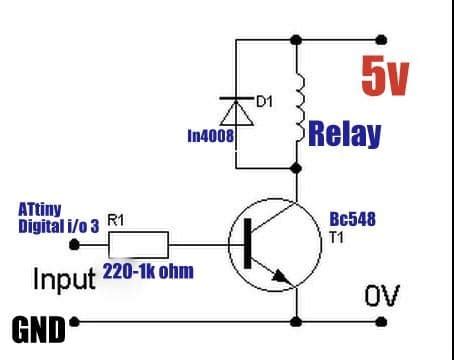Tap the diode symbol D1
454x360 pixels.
pos(236,107)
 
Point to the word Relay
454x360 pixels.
pos(345,134)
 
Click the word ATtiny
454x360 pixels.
pos(40,209)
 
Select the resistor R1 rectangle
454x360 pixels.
pos(139,244)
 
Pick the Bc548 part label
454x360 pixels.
pos(352,219)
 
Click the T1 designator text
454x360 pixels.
pos(337,237)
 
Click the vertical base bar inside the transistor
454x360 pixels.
pos(246,244)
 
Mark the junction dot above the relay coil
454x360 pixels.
pos(296,40)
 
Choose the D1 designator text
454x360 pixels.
pos(264,101)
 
